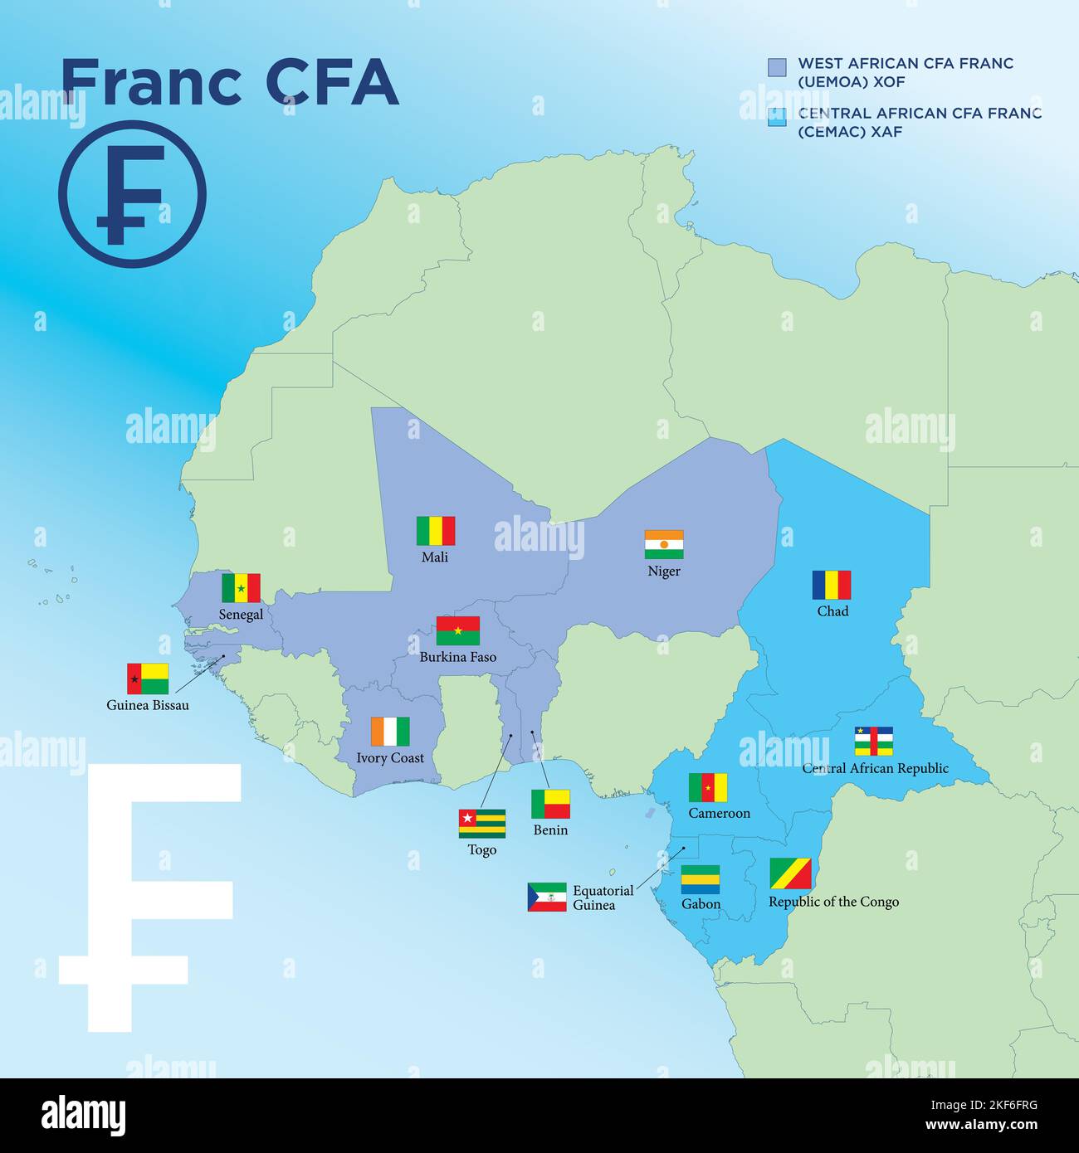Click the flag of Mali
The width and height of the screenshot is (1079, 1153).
[436, 531]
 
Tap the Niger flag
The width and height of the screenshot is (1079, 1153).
[664, 545]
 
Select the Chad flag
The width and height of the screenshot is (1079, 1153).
[832, 585]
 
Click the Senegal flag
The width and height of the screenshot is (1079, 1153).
[241, 588]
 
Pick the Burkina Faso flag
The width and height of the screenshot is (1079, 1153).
[458, 631]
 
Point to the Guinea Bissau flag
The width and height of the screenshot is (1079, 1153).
[148, 679]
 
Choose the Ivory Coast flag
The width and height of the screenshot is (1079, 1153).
[390, 732]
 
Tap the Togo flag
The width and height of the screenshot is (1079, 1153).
[482, 824]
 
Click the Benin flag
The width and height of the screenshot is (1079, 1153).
[550, 804]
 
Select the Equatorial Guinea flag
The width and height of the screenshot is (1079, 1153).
[547, 897]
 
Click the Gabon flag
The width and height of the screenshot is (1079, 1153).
[701, 879]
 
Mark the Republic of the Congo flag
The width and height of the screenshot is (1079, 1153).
[790, 873]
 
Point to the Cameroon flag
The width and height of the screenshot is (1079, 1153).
[708, 788]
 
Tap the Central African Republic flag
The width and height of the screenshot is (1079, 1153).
[874, 741]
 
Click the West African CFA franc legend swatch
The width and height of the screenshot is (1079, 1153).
[777, 67]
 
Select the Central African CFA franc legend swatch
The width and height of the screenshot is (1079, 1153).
[777, 117]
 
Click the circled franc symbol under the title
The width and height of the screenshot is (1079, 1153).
[132, 194]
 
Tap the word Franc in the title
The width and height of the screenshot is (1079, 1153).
[151, 82]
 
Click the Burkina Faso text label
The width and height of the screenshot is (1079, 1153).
[458, 657]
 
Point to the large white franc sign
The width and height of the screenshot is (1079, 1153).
[149, 896]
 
